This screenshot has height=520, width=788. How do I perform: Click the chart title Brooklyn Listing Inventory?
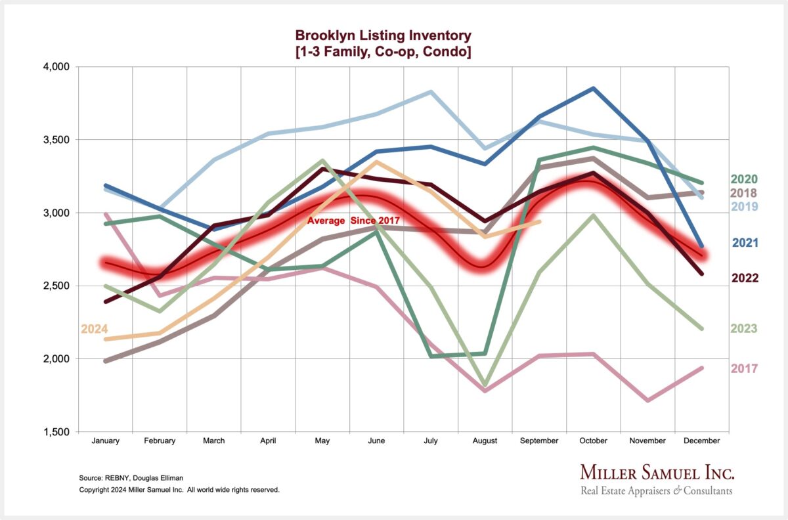[383, 35]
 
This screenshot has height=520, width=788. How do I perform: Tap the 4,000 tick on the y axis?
[56, 67]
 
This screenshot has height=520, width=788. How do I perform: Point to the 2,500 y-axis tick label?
[56, 286]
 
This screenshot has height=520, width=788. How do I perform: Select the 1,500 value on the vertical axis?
[56, 432]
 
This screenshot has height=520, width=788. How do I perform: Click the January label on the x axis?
[106, 441]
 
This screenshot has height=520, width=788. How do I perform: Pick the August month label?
[485, 441]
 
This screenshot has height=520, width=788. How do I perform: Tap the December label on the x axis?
[702, 441]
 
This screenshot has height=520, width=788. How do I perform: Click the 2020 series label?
[744, 179]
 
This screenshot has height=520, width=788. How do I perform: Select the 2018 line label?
[744, 193]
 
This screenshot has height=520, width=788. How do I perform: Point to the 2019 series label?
[744, 207]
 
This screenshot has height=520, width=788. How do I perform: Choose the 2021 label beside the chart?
[744, 243]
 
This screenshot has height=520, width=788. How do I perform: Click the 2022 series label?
[744, 278]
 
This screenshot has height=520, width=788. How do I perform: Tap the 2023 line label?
[744, 329]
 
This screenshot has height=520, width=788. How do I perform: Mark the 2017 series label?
[744, 369]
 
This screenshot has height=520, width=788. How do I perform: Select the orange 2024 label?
[94, 329]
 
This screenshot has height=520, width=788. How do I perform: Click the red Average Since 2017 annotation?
[353, 221]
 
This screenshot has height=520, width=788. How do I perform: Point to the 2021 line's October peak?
[594, 88]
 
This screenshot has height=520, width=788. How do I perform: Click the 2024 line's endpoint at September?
[540, 221]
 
